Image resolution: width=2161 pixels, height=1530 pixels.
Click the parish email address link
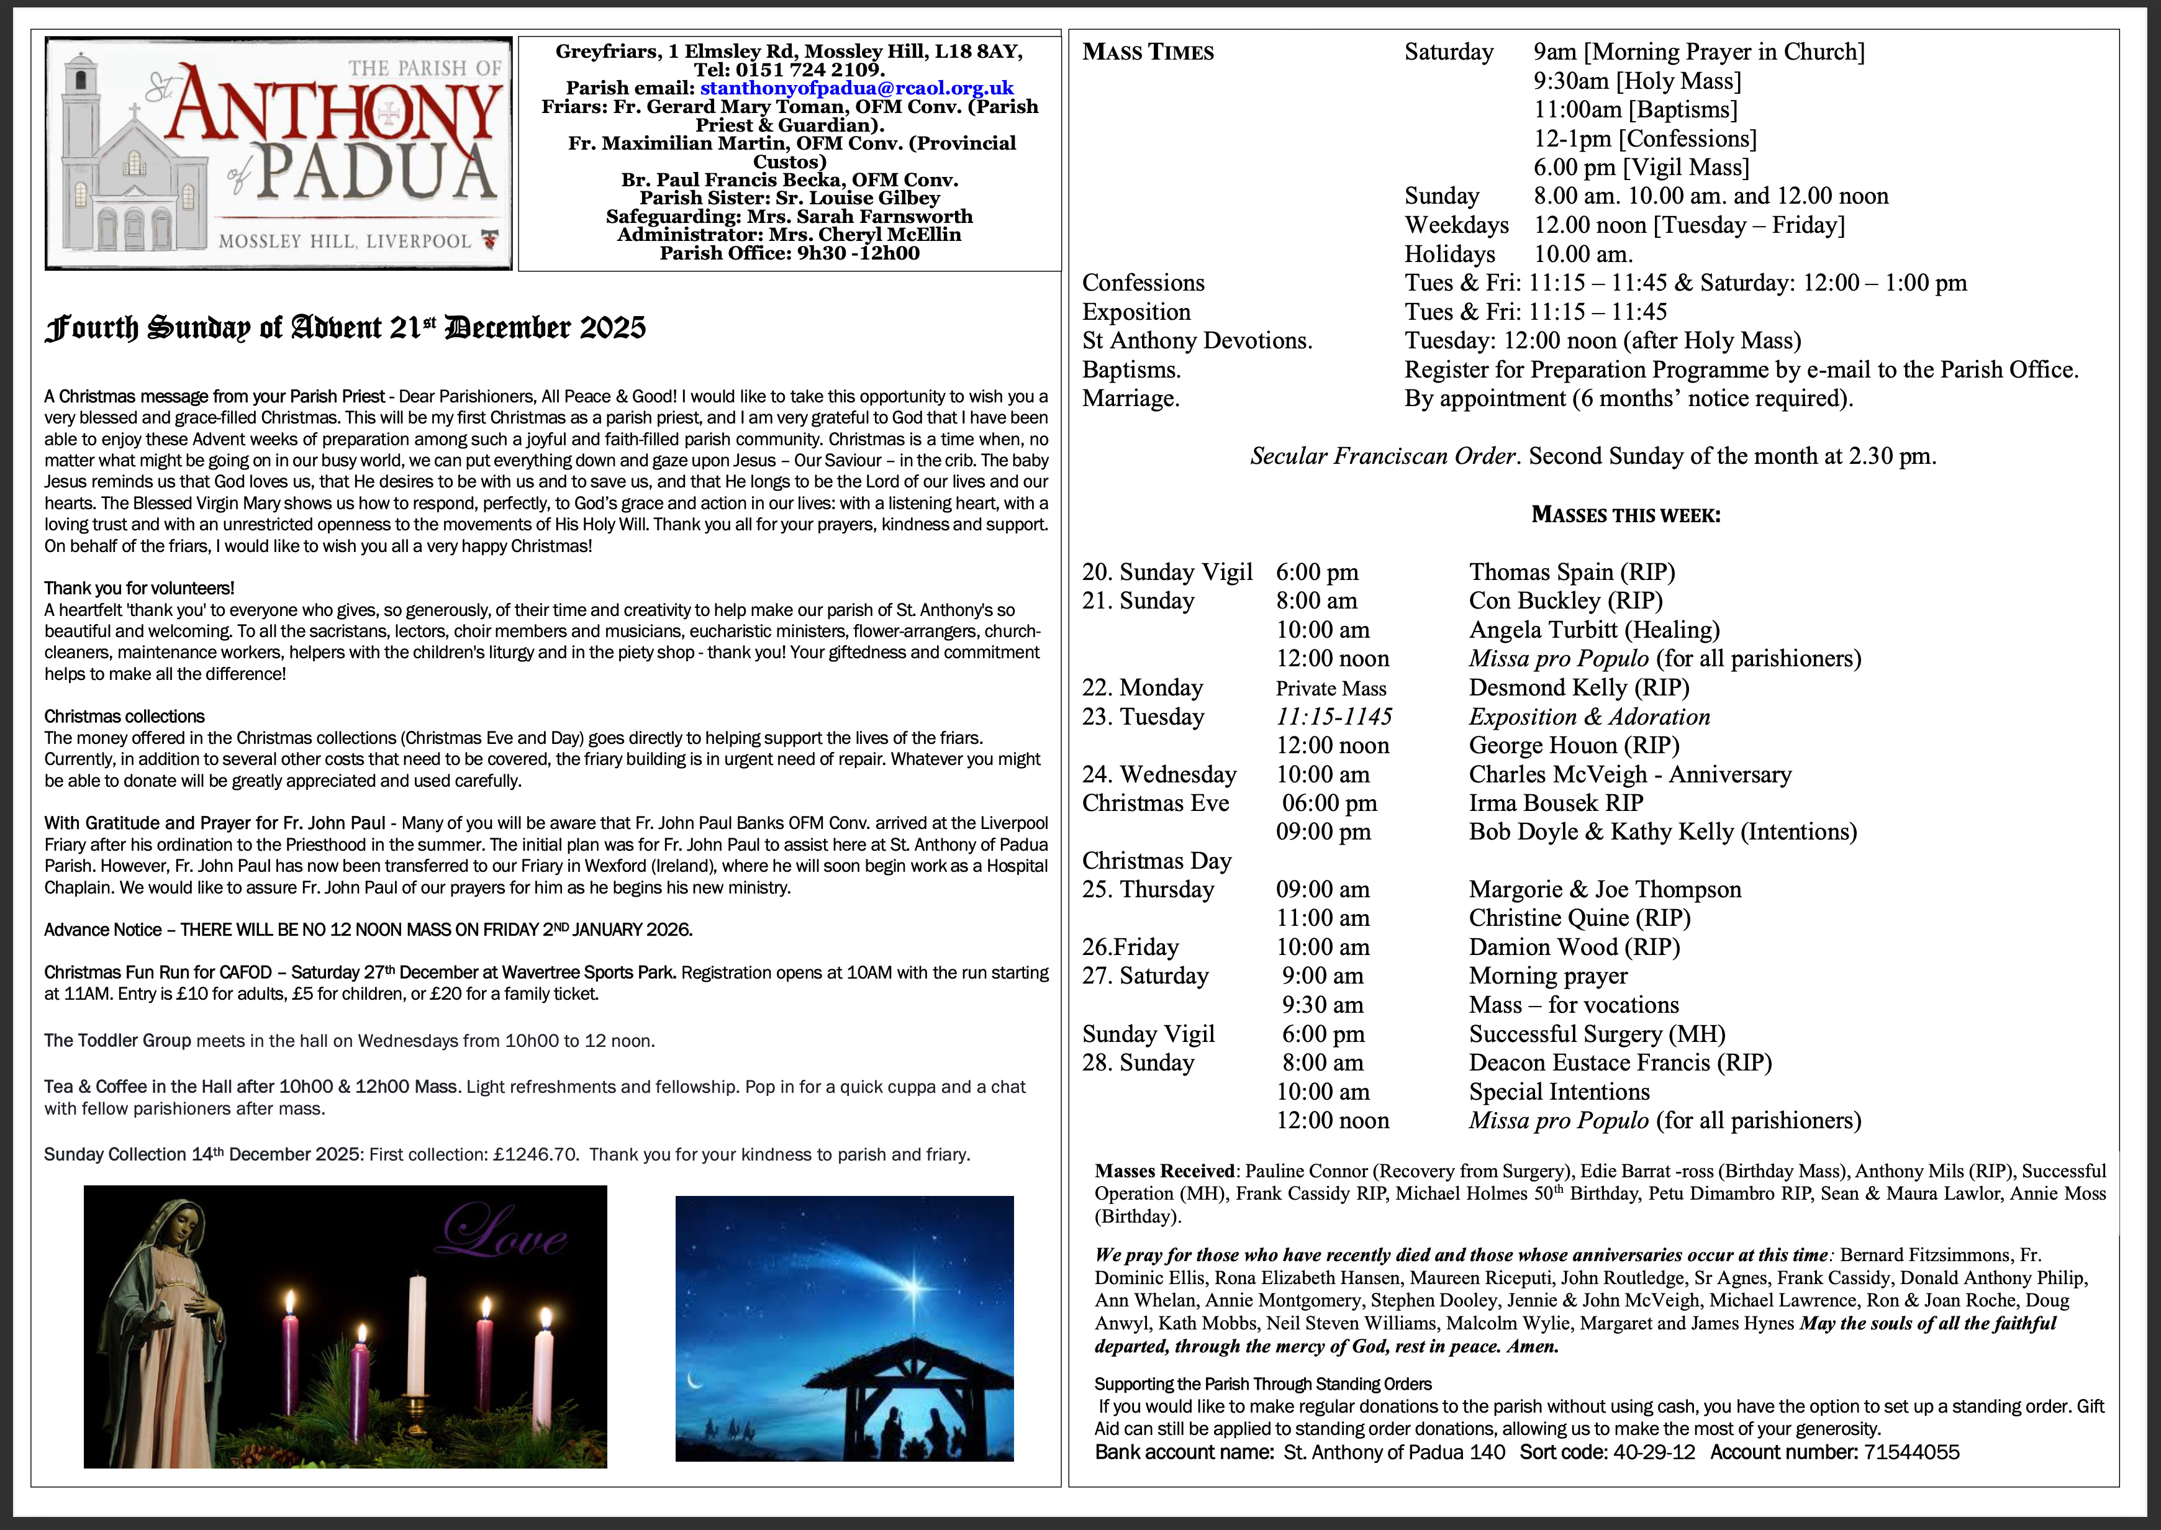click(x=856, y=88)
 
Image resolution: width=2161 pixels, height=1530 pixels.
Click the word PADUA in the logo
click(x=378, y=171)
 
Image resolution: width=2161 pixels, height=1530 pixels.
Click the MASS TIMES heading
click(x=1148, y=52)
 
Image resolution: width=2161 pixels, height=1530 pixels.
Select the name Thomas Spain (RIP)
click(x=1571, y=572)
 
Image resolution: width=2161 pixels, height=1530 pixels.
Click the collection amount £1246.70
click(x=535, y=1154)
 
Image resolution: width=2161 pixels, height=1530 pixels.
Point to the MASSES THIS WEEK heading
click(x=1625, y=514)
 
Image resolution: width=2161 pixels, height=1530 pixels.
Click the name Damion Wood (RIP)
click(x=1574, y=947)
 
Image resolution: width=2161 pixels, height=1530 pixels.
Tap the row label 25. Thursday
click(x=1148, y=889)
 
